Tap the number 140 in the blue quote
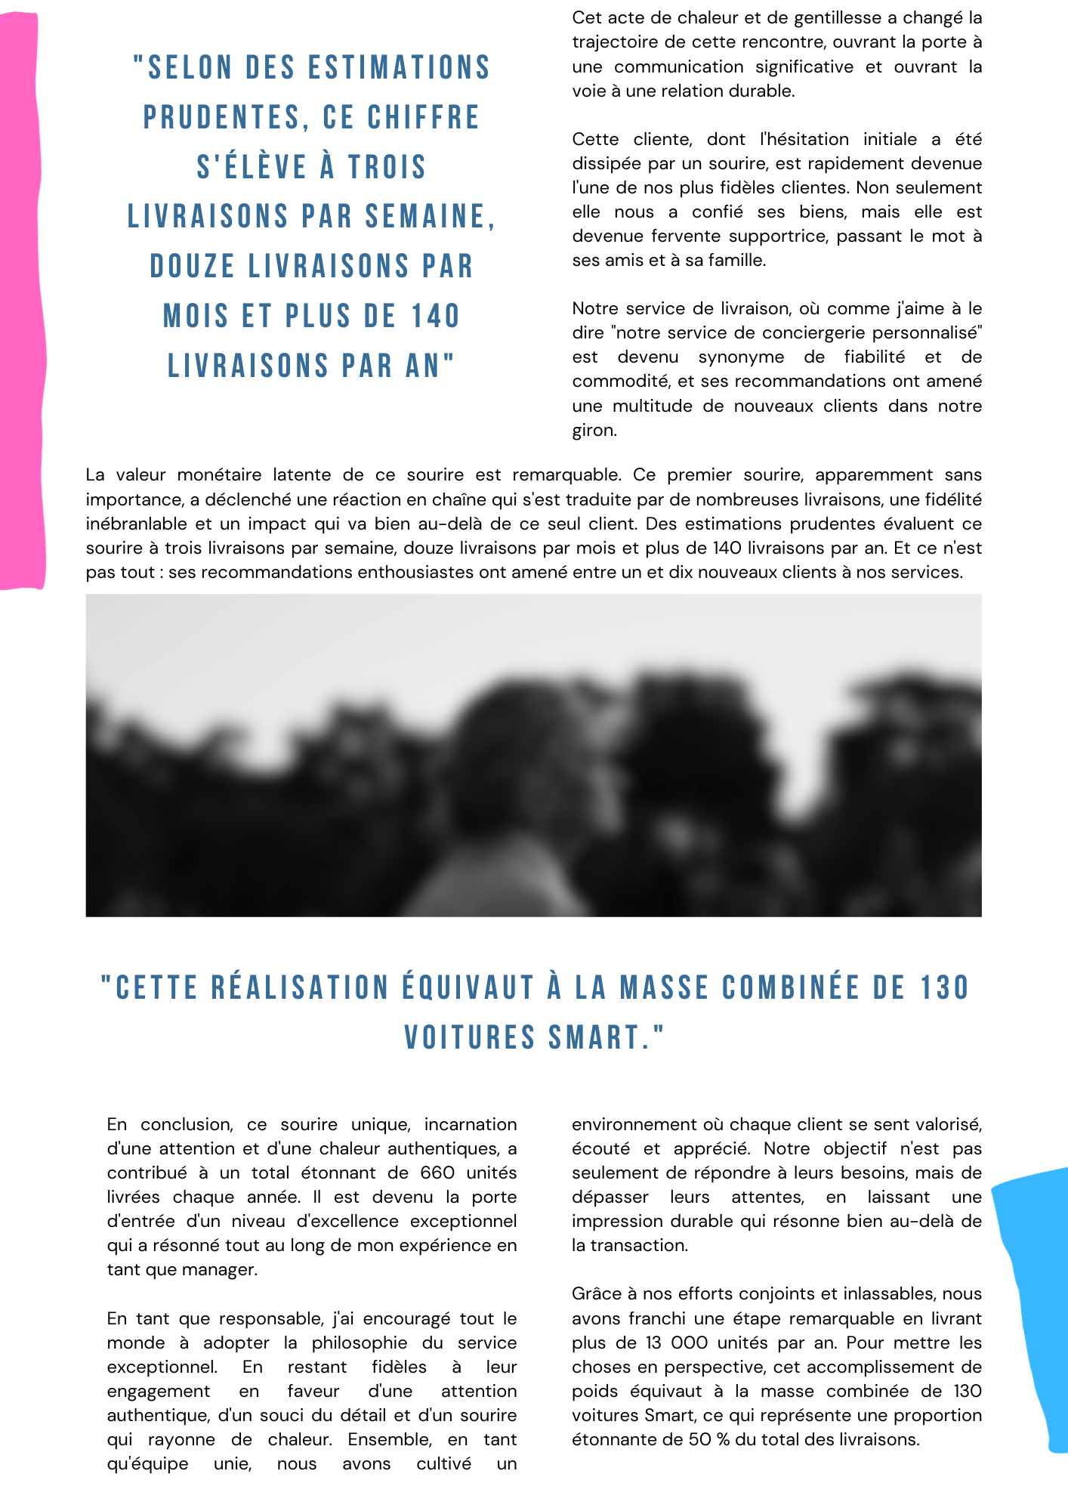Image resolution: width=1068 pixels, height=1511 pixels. [436, 317]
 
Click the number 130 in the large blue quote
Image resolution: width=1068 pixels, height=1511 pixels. [944, 988]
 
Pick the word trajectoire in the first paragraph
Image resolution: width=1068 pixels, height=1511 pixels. [610, 42]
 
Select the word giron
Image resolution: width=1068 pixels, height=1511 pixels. [594, 430]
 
